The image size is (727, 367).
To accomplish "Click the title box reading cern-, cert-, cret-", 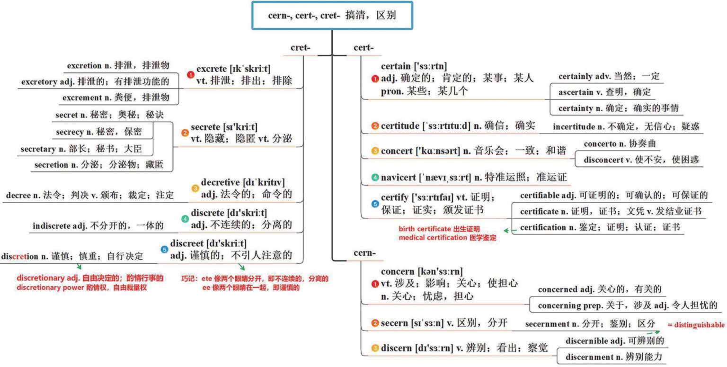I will pyautogui.click(x=332, y=16).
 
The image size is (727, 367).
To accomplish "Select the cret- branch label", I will pyautogui.click(x=301, y=48).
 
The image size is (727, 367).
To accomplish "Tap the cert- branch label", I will pyautogui.click(x=363, y=48).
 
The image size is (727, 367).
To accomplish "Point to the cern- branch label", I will pyautogui.click(x=364, y=253).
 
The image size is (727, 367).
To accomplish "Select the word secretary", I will pyautogui.click(x=37, y=149).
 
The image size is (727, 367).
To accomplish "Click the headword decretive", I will pyautogui.click(x=222, y=182).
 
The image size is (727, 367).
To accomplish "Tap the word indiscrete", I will pyautogui.click(x=52, y=225).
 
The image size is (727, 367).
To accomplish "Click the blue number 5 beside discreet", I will pyautogui.click(x=164, y=250).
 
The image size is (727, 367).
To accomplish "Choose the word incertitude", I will pyautogui.click(x=574, y=126).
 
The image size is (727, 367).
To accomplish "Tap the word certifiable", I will pyautogui.click(x=540, y=195).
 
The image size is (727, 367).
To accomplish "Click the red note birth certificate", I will pyautogui.click(x=425, y=229).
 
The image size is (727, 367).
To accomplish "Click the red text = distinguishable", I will pyautogui.click(x=696, y=325).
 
